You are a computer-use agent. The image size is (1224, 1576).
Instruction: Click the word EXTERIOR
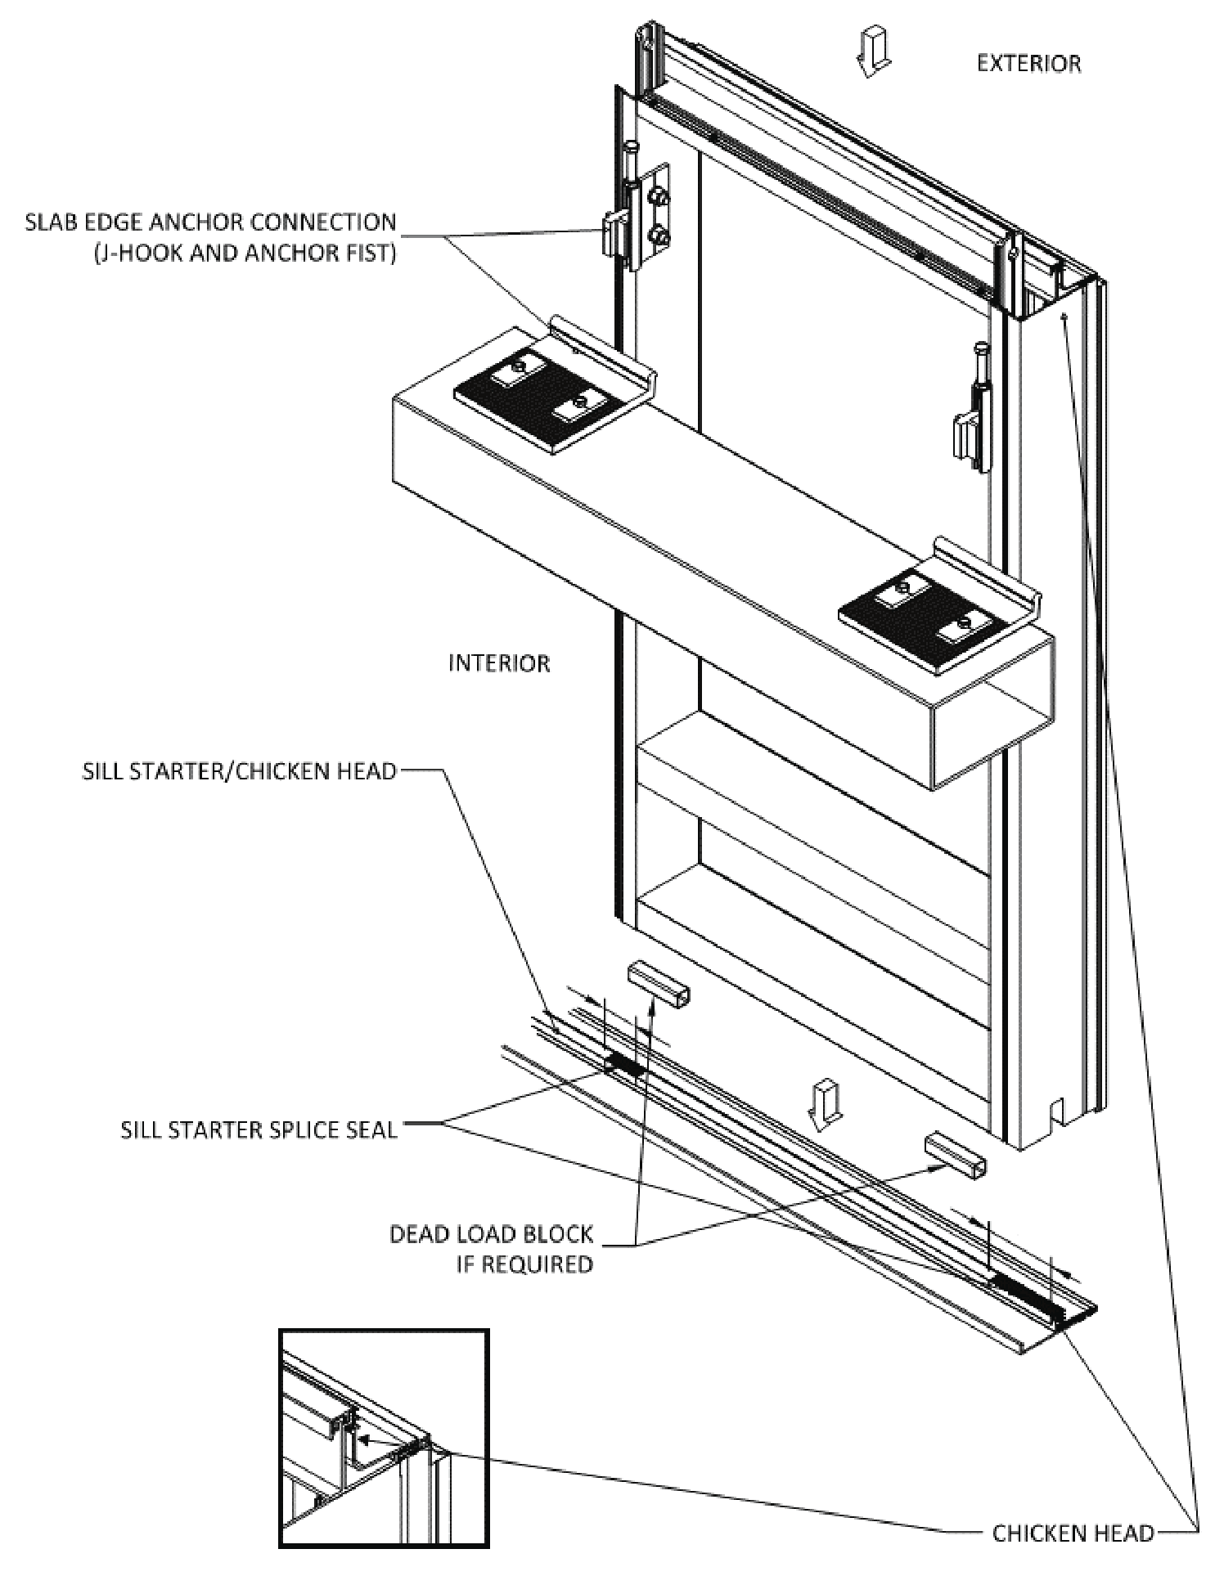click(x=1028, y=64)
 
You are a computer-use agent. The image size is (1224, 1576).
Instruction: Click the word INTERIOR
click(x=499, y=662)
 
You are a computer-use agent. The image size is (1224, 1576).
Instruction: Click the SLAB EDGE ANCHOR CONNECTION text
click(x=210, y=222)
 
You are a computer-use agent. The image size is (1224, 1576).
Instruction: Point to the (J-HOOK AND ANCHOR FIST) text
click(x=244, y=254)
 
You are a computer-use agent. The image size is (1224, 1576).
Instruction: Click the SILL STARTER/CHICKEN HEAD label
click(x=239, y=771)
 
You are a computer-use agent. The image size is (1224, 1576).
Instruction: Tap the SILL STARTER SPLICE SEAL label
click(x=259, y=1130)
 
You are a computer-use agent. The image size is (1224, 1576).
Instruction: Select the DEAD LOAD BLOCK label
click(x=491, y=1233)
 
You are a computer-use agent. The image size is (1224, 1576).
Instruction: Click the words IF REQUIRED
click(x=524, y=1264)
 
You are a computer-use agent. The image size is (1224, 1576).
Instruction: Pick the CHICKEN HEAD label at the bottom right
click(x=1073, y=1533)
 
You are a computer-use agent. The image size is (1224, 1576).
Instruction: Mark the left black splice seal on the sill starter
click(x=624, y=1064)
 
